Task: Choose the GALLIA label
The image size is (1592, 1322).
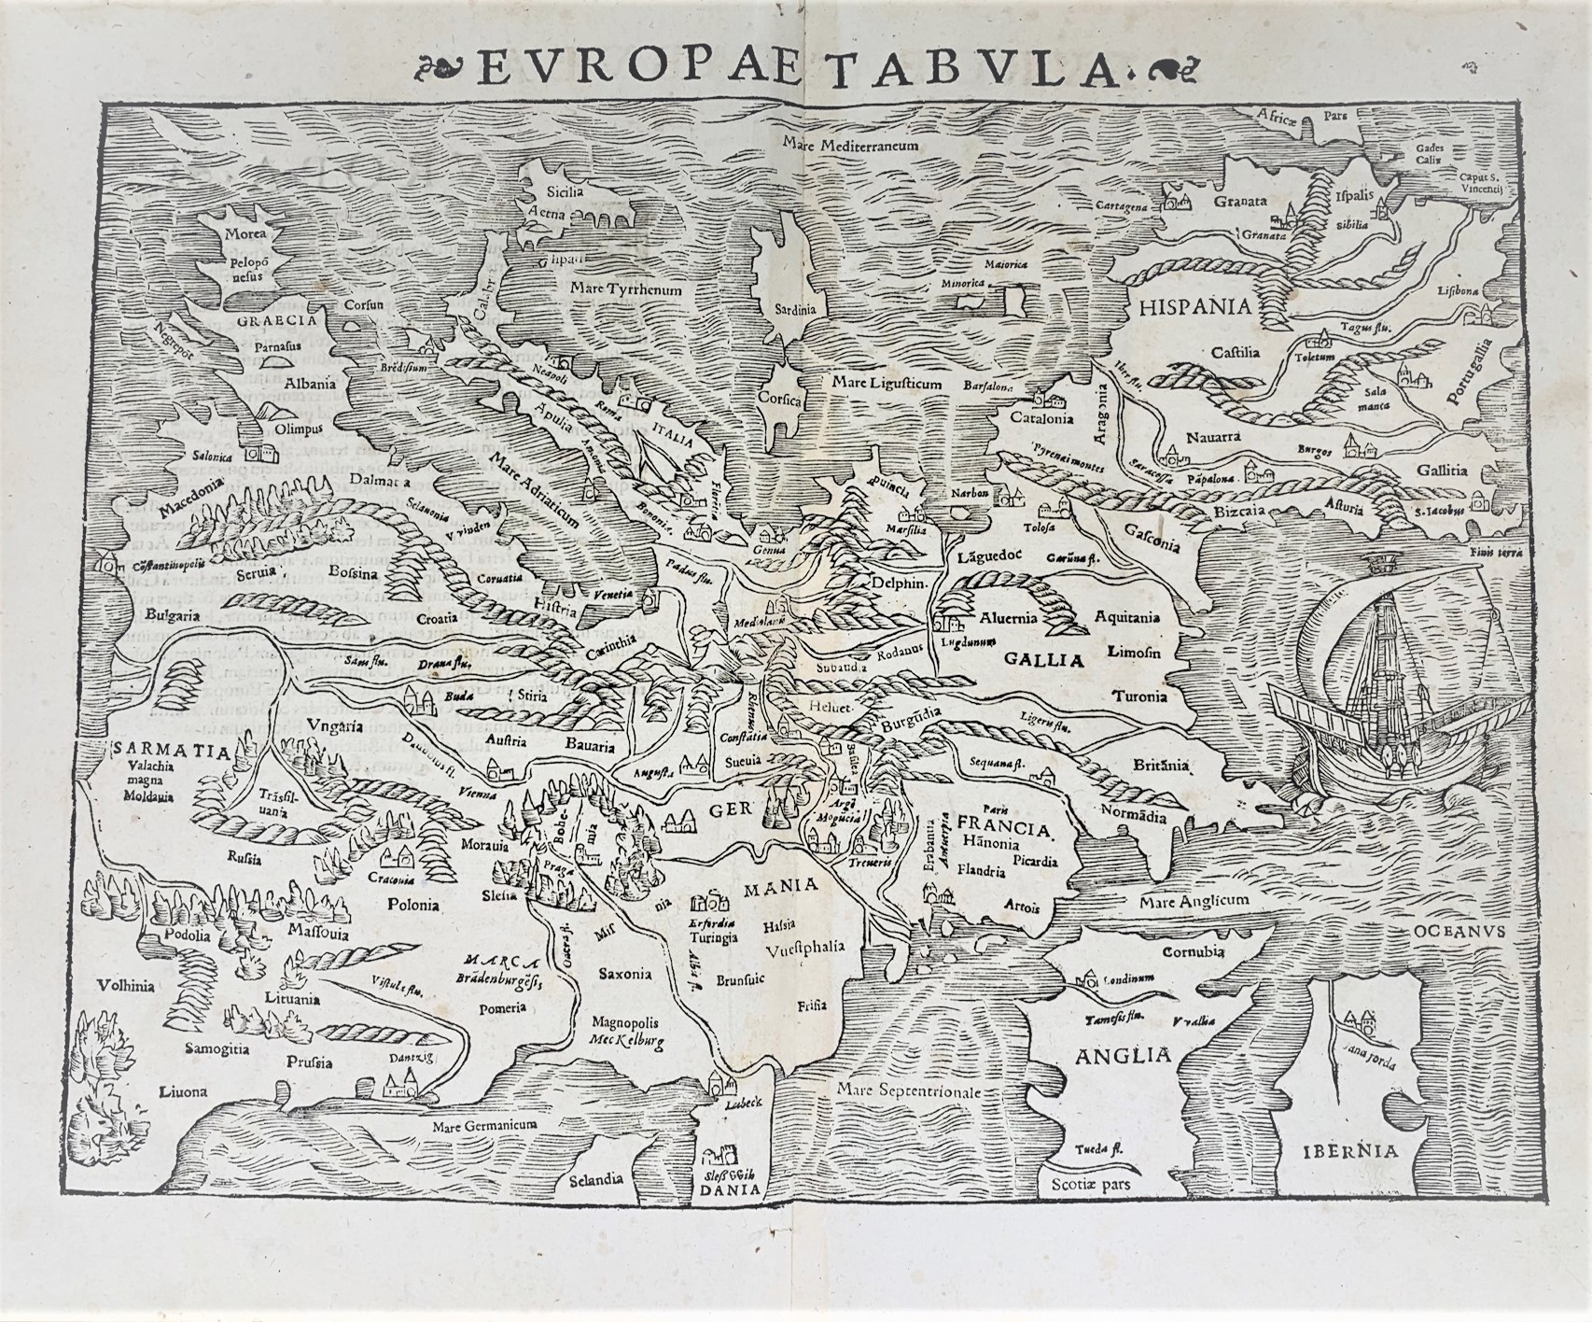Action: click(1044, 660)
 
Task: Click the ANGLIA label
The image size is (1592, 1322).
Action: click(1123, 1056)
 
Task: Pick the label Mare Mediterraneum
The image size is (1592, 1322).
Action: click(852, 146)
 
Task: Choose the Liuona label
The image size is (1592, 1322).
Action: click(183, 1090)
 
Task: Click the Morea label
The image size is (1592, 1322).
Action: click(244, 233)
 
